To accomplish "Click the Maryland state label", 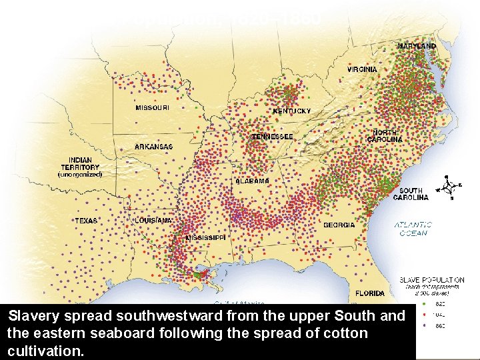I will tap(417, 47).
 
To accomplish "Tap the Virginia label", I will tap(362, 69).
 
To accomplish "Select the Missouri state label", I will tap(152, 107).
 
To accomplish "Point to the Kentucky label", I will tap(291, 111).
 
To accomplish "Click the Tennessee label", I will tap(272, 137).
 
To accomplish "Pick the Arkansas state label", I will tap(153, 147).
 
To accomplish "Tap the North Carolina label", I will tap(387, 136).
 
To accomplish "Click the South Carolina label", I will tap(411, 194).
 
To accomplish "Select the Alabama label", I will tap(253, 181).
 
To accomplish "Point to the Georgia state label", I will tap(339, 225).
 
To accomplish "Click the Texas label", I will tap(86, 221).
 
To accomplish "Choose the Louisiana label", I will tap(154, 220).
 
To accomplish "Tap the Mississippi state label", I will tap(205, 237).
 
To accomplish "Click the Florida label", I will tap(369, 293).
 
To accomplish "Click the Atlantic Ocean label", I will tap(413, 229).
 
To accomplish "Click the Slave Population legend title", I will tap(431, 280).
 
